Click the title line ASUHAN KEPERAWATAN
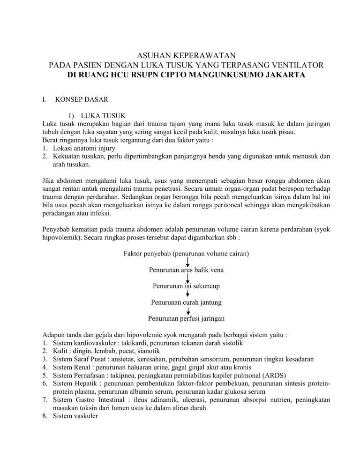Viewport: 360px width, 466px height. (180, 55)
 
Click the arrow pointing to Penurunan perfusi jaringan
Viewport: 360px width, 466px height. (187, 310)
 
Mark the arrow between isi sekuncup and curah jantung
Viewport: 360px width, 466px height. (187, 294)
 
